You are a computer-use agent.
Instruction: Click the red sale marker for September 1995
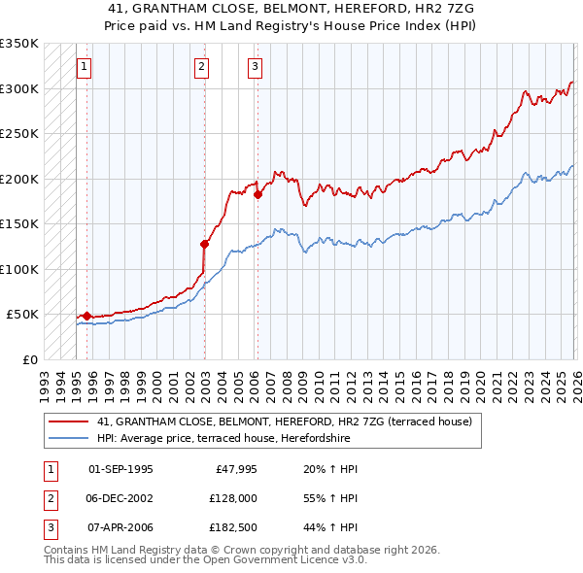point(86,316)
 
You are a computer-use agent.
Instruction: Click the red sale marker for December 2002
point(205,244)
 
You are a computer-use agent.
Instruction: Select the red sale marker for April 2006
point(257,194)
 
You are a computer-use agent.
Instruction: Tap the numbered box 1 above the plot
point(84,67)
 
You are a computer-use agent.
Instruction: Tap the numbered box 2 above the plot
point(201,67)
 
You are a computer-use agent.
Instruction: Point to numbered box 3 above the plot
point(255,67)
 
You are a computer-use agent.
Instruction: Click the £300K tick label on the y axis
point(19,88)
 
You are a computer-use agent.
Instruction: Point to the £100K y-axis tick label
point(19,269)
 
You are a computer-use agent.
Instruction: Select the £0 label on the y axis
point(28,359)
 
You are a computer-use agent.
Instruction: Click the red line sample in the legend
point(69,422)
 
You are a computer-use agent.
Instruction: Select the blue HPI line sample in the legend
point(69,438)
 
